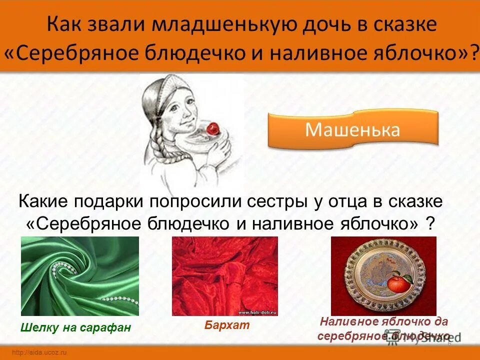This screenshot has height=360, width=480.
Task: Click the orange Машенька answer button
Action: (x=352, y=130)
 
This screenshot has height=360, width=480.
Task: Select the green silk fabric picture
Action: (x=80, y=276)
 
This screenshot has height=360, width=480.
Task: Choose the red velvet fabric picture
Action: (x=225, y=276)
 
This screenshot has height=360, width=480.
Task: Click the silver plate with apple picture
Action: (x=383, y=276)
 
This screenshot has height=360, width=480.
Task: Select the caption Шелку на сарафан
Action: (x=76, y=328)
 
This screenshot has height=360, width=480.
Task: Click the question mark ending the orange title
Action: (x=473, y=52)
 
